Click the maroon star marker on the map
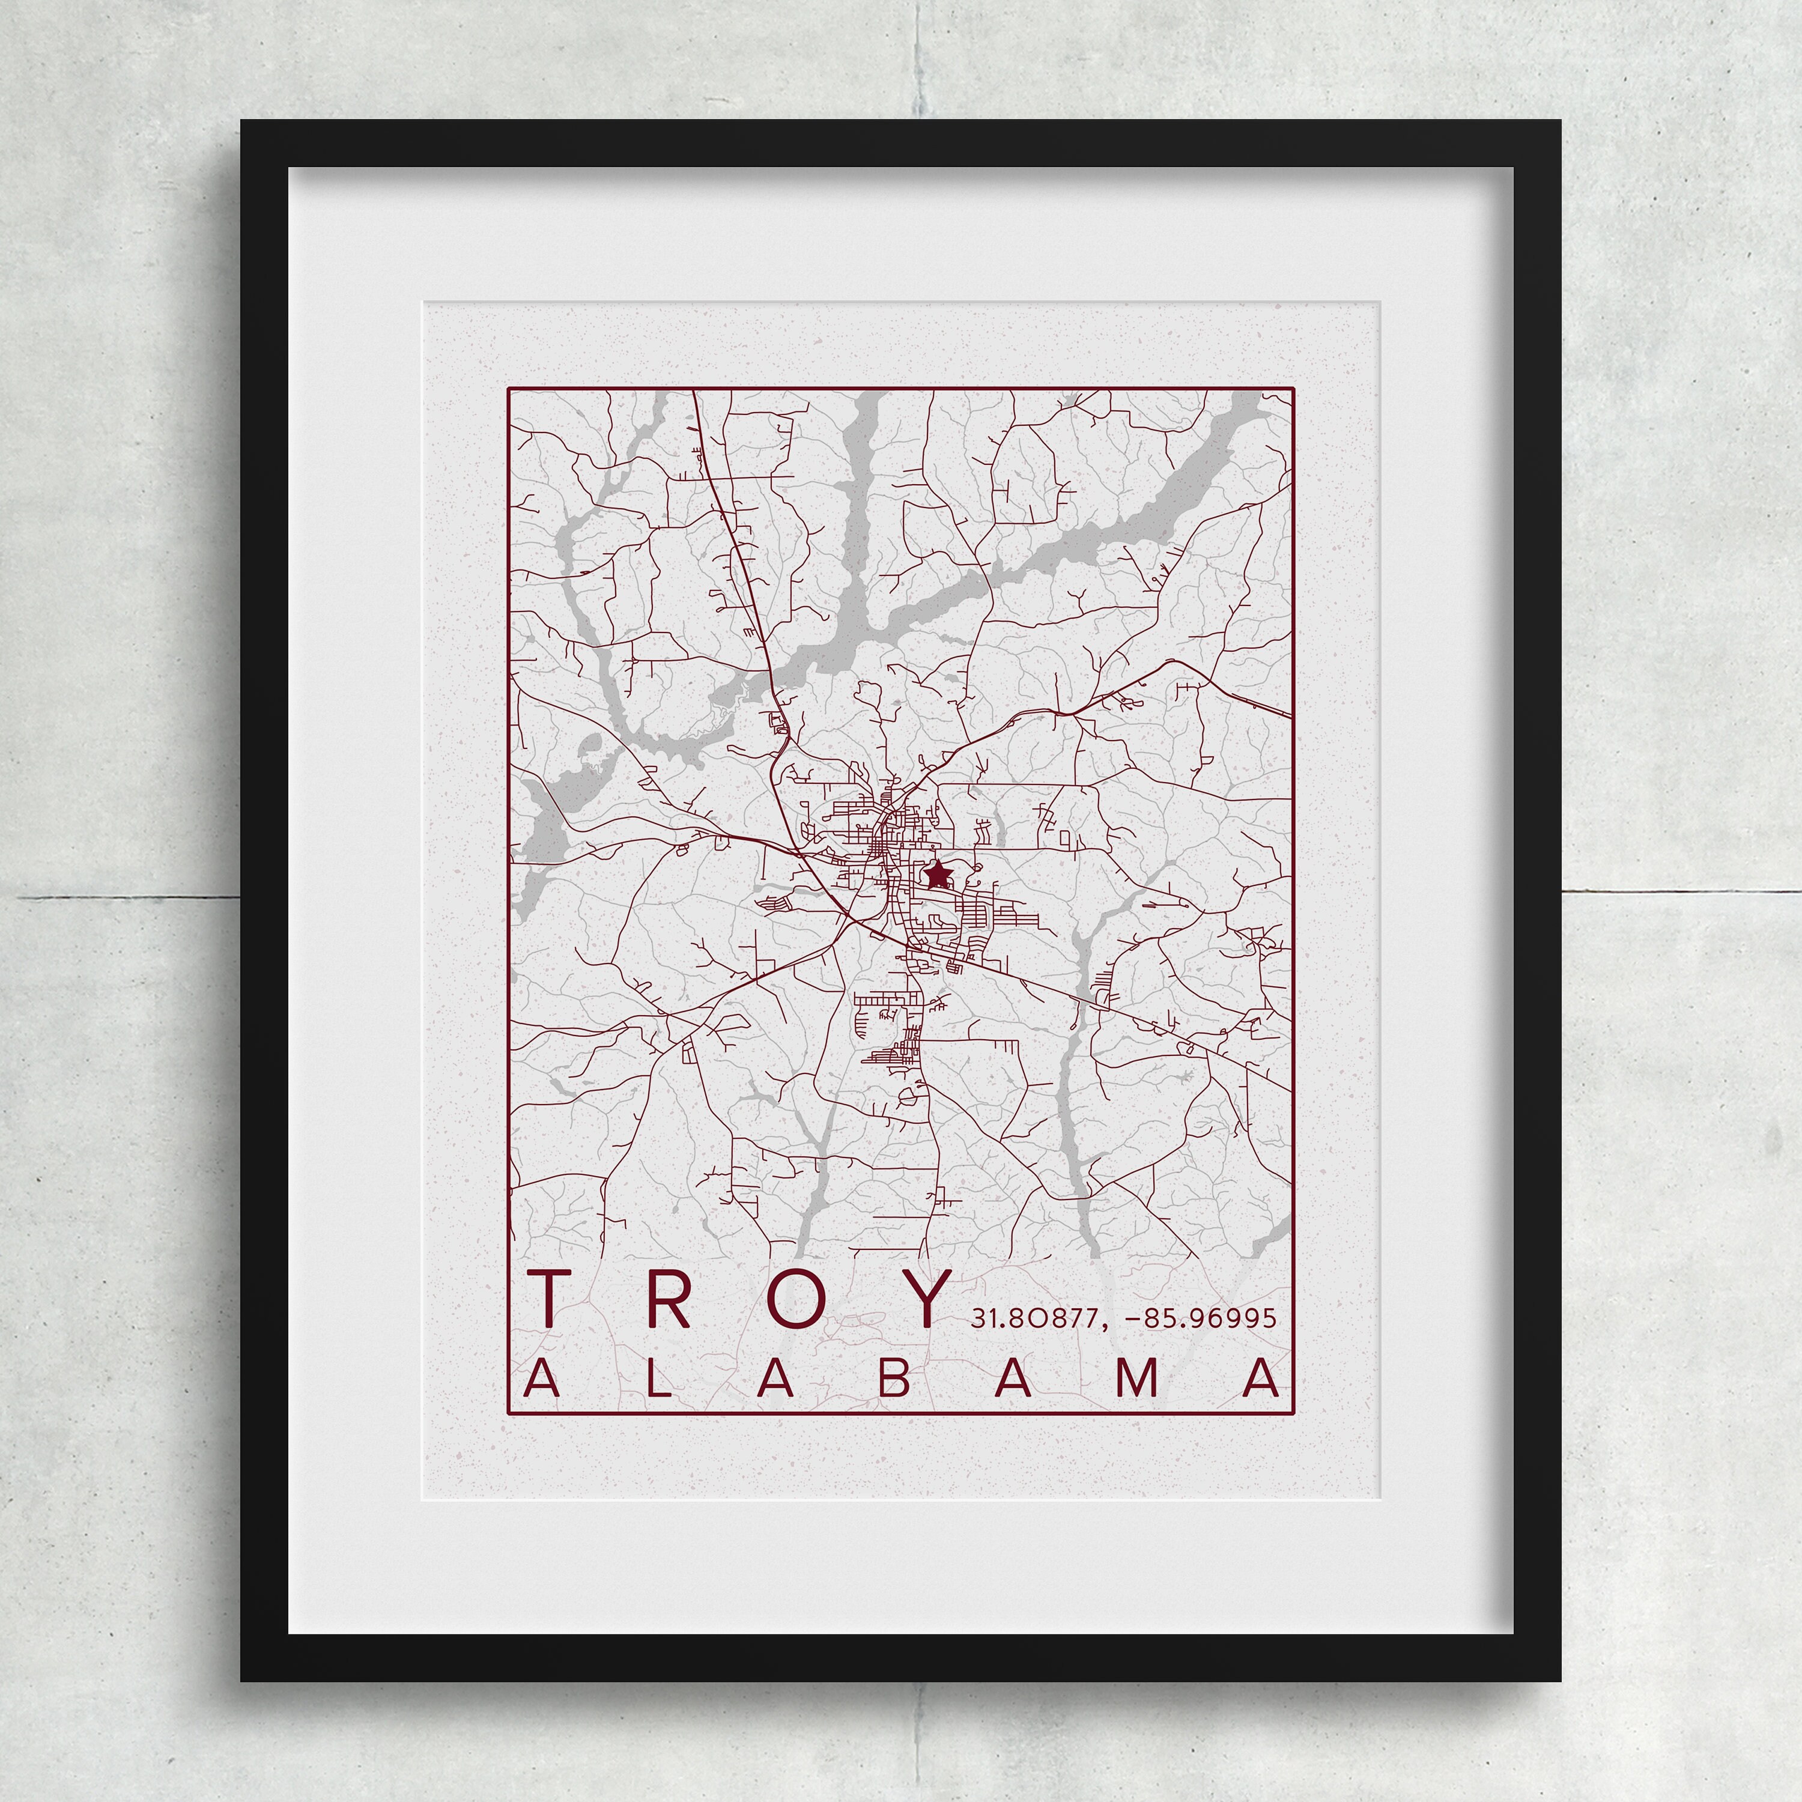(x=938, y=875)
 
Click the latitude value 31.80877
(x=1036, y=1318)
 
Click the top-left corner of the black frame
(x=243, y=122)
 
